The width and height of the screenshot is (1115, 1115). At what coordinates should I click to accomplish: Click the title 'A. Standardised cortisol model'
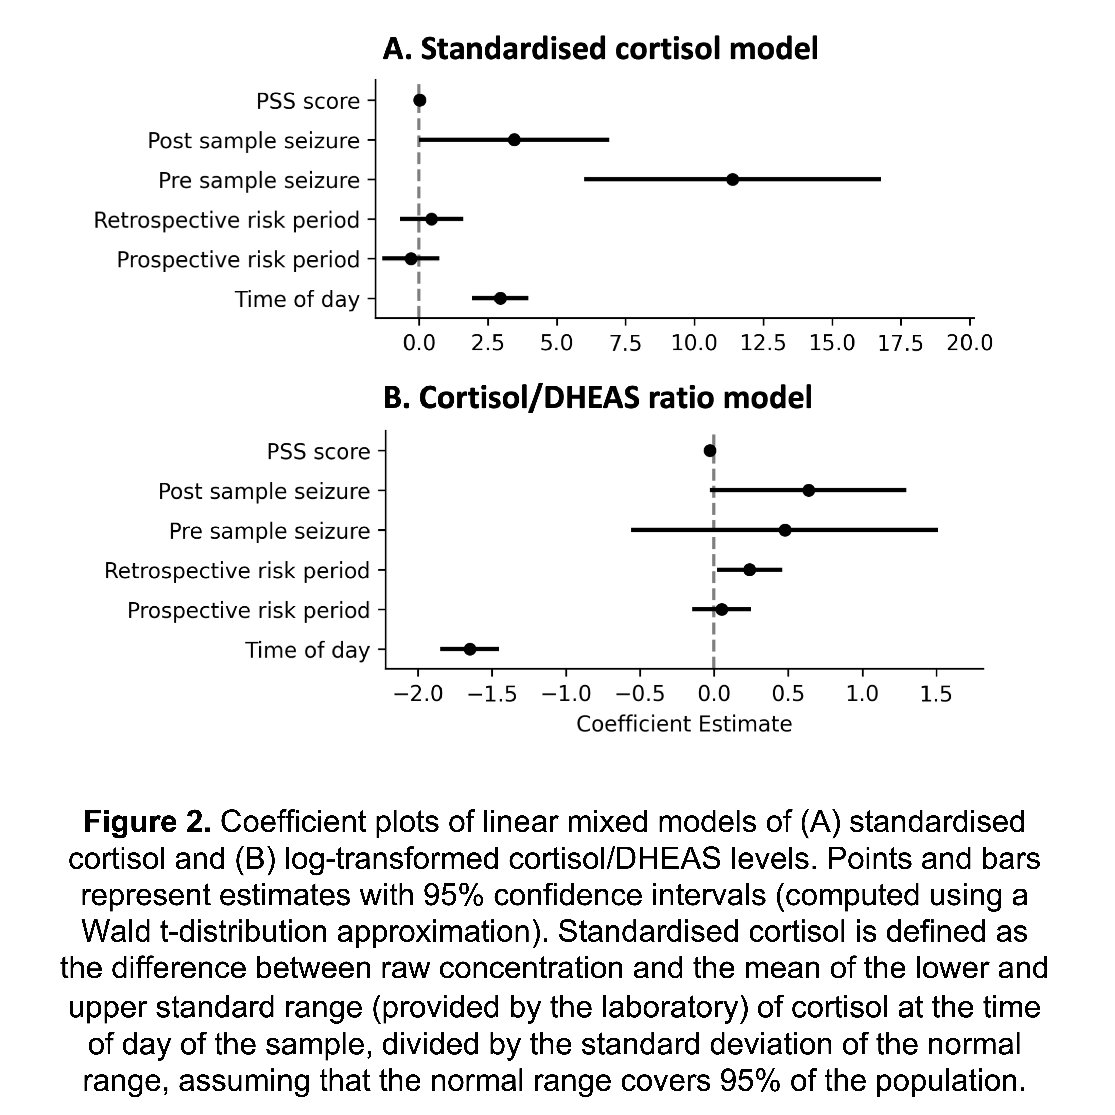point(600,49)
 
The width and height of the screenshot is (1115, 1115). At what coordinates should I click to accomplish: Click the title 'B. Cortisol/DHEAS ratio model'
point(597,398)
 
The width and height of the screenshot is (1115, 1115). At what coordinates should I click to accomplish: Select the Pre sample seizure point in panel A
point(732,179)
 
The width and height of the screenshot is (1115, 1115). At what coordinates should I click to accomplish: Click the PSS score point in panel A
point(420,101)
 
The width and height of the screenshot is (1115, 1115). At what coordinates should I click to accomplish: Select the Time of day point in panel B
point(470,649)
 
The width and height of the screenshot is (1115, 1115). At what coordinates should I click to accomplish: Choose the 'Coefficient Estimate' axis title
point(684,724)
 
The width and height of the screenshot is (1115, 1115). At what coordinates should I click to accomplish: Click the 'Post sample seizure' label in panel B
point(264,491)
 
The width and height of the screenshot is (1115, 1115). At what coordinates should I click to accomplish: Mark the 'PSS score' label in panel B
point(318,451)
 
